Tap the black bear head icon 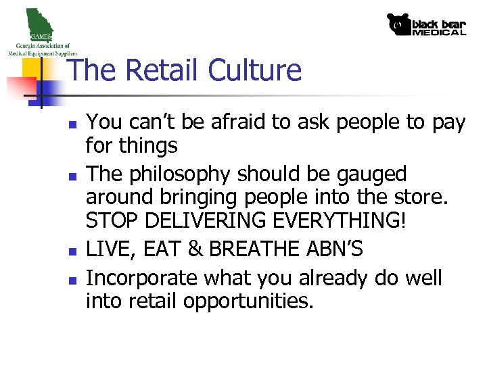tap(399, 24)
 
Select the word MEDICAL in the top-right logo tap(439, 32)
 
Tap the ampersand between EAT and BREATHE tap(195, 250)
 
